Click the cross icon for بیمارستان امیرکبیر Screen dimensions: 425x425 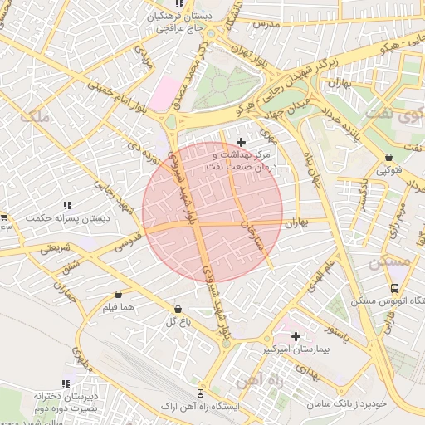point(296,336)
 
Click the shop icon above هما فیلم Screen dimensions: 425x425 point(119,294)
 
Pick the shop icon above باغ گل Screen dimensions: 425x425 point(176,309)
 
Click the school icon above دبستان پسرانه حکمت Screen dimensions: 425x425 point(66,205)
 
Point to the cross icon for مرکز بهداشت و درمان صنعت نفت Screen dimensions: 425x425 point(242,142)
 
